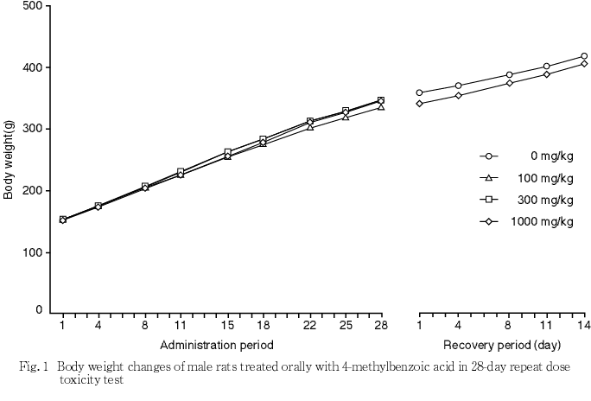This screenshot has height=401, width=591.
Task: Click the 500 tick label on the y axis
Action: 32,6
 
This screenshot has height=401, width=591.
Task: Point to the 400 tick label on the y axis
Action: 32,67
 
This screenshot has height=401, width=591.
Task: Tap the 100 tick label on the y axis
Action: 32,252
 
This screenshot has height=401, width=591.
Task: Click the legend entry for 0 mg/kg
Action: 552,156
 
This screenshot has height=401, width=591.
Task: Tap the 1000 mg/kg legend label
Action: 546,221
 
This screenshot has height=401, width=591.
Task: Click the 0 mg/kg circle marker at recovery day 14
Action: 584,56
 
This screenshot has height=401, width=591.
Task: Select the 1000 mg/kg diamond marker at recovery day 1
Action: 419,104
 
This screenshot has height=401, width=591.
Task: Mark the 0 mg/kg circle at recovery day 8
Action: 509,75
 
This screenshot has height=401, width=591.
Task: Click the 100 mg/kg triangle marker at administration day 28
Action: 380,106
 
